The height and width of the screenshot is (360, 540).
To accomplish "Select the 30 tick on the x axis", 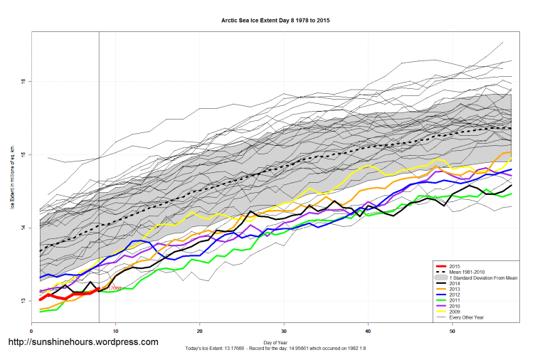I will [284, 331].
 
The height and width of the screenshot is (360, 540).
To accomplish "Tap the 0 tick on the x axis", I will [32, 331].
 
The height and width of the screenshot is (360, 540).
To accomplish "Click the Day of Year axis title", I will [275, 342].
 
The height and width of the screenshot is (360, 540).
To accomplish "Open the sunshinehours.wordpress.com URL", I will [83, 342].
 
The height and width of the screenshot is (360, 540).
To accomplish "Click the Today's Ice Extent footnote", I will [275, 349].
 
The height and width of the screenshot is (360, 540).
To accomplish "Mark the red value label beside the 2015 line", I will [112, 287].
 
